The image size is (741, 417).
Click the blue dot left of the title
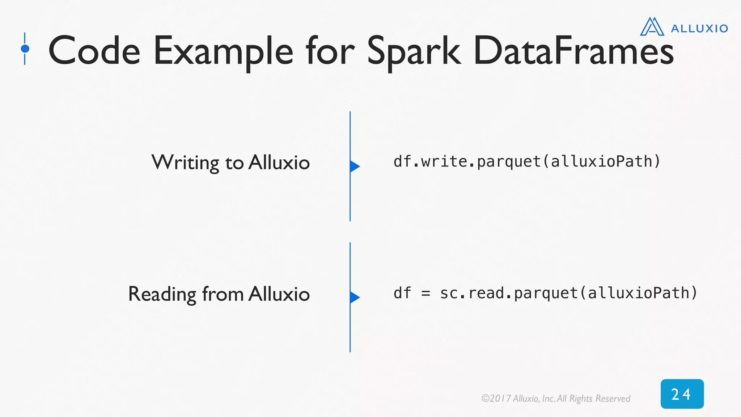25,49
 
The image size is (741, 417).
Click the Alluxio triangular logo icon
652,27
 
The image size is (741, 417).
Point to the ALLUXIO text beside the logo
699,29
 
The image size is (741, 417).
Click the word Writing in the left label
185,163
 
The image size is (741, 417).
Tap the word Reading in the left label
162,294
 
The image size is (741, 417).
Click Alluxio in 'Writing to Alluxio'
279,163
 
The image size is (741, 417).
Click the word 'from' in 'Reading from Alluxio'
223,294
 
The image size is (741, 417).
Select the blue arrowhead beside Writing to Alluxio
354,166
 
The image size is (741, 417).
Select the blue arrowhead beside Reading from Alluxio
354,297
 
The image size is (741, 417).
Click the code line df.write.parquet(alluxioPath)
527,161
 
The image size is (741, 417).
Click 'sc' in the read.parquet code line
449,293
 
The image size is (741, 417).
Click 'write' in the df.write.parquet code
444,161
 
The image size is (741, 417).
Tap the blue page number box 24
682,394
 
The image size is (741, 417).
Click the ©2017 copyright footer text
556,399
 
